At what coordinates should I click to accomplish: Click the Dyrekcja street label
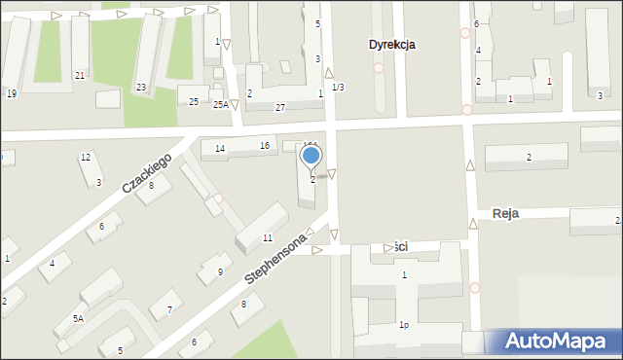[x=392, y=45]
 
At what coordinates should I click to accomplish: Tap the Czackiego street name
[x=147, y=173]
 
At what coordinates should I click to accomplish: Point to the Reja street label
[x=505, y=213]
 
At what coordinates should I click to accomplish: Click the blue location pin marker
[x=311, y=156]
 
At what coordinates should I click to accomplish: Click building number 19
[x=12, y=93]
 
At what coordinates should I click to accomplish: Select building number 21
[x=80, y=75]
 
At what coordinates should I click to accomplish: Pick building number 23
[x=141, y=88]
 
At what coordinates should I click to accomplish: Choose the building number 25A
[x=220, y=104]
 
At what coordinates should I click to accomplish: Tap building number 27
[x=280, y=106]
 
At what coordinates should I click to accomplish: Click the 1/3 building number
[x=337, y=88]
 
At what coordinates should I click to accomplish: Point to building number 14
[x=220, y=148]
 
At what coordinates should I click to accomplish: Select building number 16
[x=264, y=146]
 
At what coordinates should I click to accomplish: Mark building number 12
[x=86, y=157]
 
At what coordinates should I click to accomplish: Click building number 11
[x=268, y=238]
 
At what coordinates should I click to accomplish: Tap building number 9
[x=220, y=271]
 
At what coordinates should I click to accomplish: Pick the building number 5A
[x=78, y=318]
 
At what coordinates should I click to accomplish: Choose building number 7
[x=168, y=309]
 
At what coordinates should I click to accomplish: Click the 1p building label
[x=404, y=326]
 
